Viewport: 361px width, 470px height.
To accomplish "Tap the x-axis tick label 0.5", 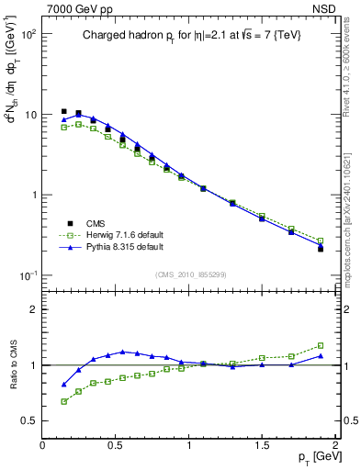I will coord(116,445).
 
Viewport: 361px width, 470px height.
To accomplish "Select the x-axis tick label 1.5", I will coord(262,445).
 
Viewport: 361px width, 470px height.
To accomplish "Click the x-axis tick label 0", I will coord(42,445).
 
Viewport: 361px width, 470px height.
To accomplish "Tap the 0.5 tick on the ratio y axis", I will coord(30,420).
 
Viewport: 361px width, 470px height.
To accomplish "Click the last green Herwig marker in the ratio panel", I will coord(321,345).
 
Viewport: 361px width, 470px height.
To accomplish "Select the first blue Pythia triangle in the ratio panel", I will coord(63,385).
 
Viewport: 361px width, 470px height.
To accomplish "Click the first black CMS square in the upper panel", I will coord(63,111).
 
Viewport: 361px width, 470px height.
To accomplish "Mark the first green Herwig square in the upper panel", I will coord(63,127).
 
